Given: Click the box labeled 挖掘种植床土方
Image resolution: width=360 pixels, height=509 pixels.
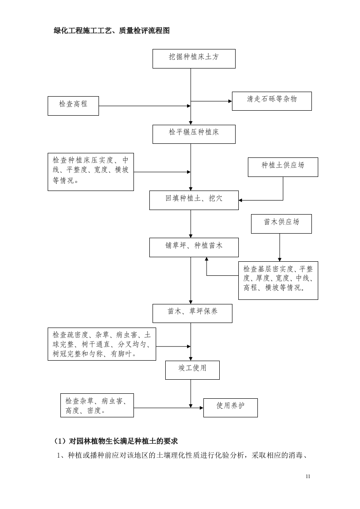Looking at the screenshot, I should coord(194,59).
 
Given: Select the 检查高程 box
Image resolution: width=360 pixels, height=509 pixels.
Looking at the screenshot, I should coord(73,106).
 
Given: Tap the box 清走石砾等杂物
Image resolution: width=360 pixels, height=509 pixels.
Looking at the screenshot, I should coord(271,101).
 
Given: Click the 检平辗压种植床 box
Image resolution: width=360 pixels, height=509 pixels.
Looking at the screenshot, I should coord(194,134).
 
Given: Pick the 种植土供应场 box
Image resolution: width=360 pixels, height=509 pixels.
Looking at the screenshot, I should coord(283,167).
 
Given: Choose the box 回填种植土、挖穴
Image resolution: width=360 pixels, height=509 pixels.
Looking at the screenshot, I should coord(194,200).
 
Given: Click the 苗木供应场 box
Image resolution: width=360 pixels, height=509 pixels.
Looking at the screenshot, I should coord(281,224).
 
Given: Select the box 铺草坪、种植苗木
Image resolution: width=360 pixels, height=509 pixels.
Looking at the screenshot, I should coord(194,247).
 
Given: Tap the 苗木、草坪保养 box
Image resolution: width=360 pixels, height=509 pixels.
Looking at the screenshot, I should coord(192,313).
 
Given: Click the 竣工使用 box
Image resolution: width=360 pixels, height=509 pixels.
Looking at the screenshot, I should coord(192,370).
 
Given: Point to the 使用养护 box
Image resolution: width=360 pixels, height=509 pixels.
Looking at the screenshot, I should coord(230,407).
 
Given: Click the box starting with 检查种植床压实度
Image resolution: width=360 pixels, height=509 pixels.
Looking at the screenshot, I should coord(91,172).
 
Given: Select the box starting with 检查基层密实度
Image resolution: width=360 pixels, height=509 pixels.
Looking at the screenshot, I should coord(278,280).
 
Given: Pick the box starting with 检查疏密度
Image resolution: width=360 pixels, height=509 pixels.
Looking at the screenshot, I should coord(102,344).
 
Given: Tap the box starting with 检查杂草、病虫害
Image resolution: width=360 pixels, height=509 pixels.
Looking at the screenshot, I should coord(97,405).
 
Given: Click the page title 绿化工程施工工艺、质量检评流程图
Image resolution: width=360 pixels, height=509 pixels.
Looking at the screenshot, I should coord(112,31).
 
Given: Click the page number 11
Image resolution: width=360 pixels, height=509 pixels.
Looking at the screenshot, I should coord(308,476).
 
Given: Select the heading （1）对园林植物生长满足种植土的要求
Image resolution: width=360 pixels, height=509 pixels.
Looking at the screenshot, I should coord(116,440).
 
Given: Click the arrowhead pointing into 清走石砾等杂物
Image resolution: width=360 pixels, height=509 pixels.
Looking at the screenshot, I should coord(230,101).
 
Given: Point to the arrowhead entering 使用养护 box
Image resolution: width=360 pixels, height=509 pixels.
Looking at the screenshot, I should coord(201,408).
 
